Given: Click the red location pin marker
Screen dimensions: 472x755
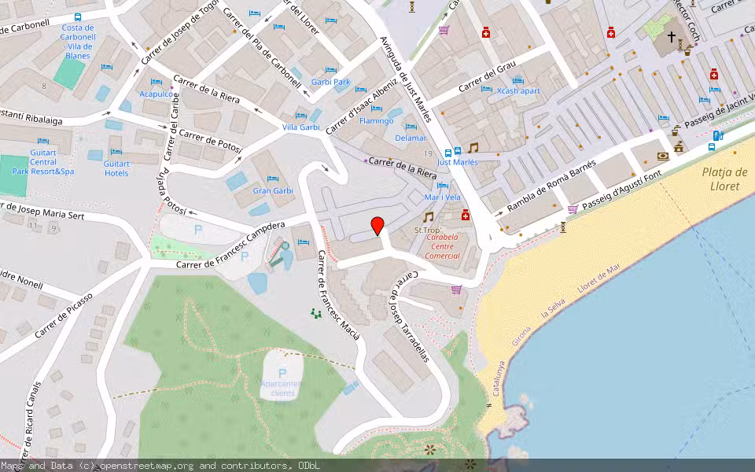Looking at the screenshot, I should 377,226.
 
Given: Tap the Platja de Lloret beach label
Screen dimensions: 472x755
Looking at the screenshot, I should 724,179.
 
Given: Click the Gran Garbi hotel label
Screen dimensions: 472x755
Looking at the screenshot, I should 272,191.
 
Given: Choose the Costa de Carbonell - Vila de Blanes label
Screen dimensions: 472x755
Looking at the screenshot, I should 78,42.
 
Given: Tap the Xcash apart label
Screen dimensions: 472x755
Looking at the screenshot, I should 518,90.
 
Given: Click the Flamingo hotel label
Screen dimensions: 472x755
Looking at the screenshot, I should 376,121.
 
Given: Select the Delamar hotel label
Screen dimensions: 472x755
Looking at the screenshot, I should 411,138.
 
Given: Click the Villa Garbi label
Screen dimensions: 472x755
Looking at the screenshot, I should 300,127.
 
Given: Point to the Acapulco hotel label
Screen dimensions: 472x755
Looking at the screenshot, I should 156,93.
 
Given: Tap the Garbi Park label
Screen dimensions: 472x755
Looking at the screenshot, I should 330,82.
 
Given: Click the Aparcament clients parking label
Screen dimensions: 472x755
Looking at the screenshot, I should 282,388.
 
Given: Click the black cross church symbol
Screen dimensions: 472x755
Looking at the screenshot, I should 672,36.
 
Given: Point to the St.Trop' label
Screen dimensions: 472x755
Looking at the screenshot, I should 427,230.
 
